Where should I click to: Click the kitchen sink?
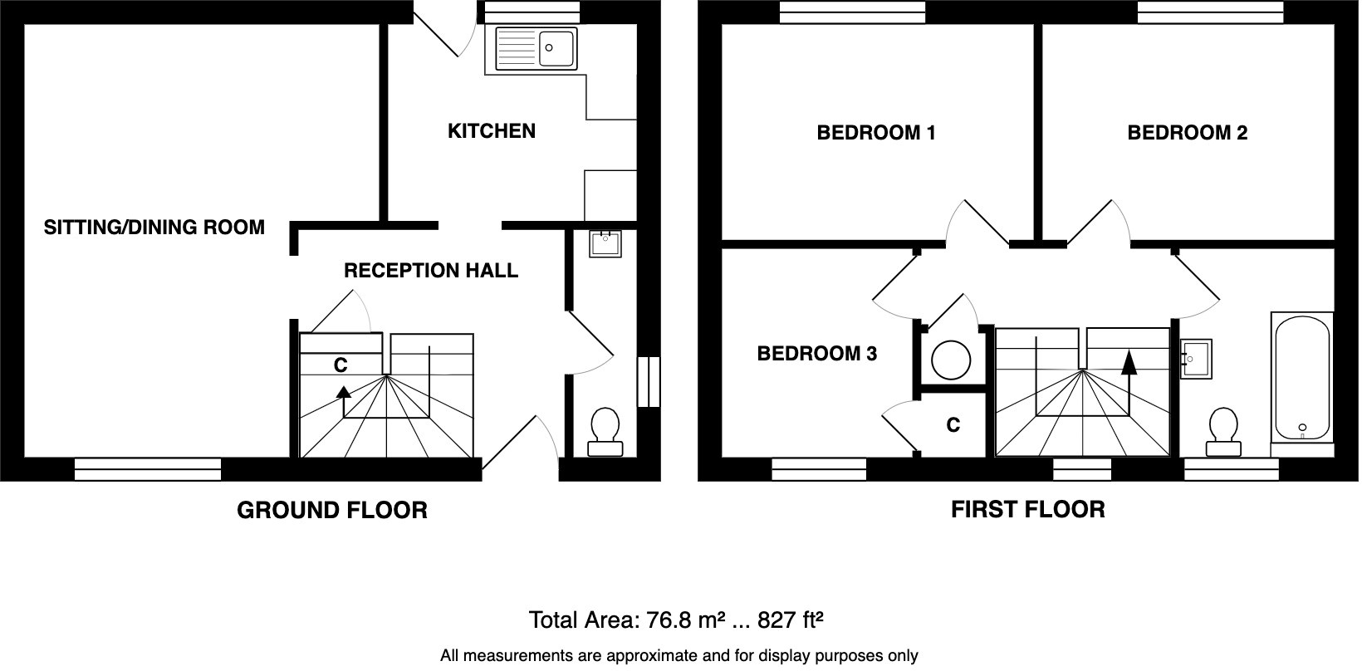click(536, 48)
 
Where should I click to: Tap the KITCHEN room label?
click(492, 131)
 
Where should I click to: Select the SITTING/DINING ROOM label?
click(154, 228)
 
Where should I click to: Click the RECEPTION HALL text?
click(430, 271)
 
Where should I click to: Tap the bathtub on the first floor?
click(1302, 378)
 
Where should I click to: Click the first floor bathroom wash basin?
click(1195, 359)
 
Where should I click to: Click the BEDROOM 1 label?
click(876, 133)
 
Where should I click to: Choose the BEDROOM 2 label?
click(1187, 133)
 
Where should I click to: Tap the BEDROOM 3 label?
click(816, 355)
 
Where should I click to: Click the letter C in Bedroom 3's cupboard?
click(953, 425)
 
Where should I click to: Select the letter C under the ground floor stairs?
click(340, 365)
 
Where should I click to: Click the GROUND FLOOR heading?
click(332, 510)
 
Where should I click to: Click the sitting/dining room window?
click(148, 470)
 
